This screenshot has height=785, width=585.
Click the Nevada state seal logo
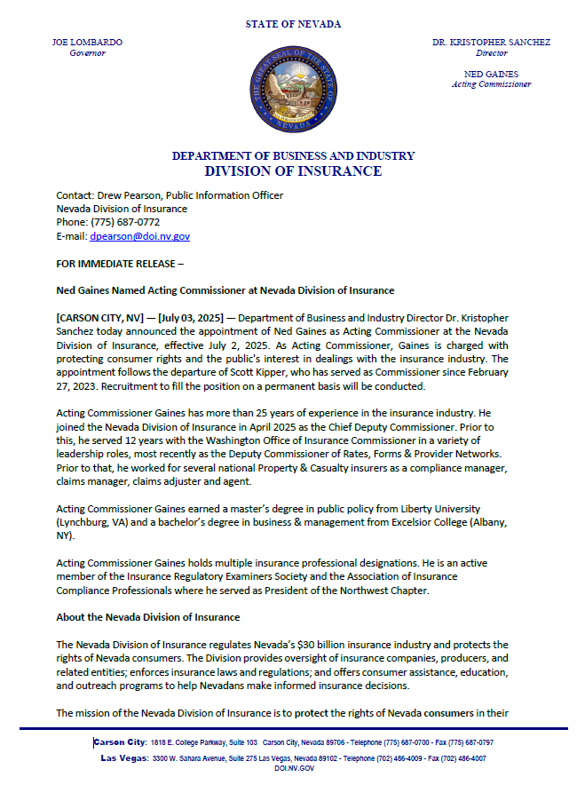click(293, 91)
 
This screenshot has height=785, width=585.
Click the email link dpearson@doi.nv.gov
click(140, 236)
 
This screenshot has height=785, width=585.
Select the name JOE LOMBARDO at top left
click(87, 42)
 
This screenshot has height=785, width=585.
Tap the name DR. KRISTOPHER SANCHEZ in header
click(491, 42)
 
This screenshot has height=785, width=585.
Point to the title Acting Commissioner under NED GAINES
click(491, 84)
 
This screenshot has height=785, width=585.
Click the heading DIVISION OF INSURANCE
click(293, 170)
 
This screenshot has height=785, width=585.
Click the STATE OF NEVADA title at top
click(293, 24)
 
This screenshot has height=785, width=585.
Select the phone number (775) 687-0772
click(125, 222)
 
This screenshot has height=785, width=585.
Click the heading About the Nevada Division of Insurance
click(147, 617)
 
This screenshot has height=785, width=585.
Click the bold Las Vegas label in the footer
click(124, 757)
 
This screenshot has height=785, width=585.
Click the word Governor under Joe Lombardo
click(87, 53)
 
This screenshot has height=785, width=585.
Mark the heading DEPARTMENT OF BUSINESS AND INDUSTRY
click(293, 155)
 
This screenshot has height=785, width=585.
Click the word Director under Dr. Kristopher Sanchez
click(491, 53)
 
